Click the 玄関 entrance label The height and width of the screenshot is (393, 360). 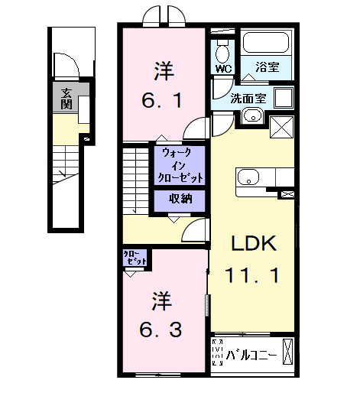click(x=67, y=99)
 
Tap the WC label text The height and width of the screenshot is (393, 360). click(x=223, y=68)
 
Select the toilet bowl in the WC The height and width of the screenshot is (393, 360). click(x=223, y=51)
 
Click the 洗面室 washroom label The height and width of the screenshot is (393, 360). click(x=248, y=99)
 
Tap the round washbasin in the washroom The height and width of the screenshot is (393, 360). click(x=253, y=116)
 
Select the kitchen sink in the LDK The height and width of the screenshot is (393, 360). click(x=248, y=178)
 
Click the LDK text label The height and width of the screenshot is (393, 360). click(x=252, y=243)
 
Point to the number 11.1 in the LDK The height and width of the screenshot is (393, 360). click(x=252, y=273)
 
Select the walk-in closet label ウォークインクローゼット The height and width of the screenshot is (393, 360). click(x=180, y=164)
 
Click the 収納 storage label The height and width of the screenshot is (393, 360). click(x=180, y=200)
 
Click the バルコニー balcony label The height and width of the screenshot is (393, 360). click(x=251, y=353)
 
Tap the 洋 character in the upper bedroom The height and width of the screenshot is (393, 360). click(x=164, y=73)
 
